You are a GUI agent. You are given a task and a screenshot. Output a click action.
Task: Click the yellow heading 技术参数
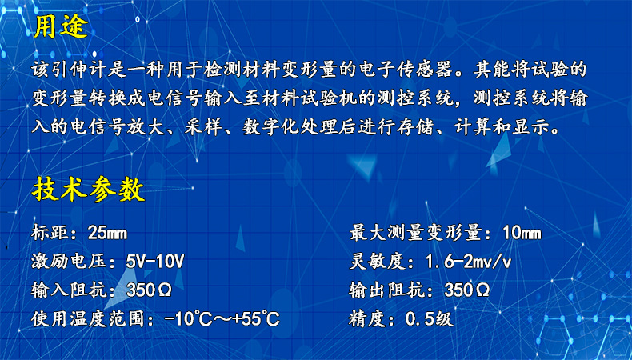tap(89, 190)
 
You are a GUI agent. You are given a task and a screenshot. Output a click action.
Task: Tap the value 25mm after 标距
tap(108, 234)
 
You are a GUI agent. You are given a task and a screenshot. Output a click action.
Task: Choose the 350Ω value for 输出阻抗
tap(467, 290)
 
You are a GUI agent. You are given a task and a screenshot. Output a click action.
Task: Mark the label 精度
tap(369, 318)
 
